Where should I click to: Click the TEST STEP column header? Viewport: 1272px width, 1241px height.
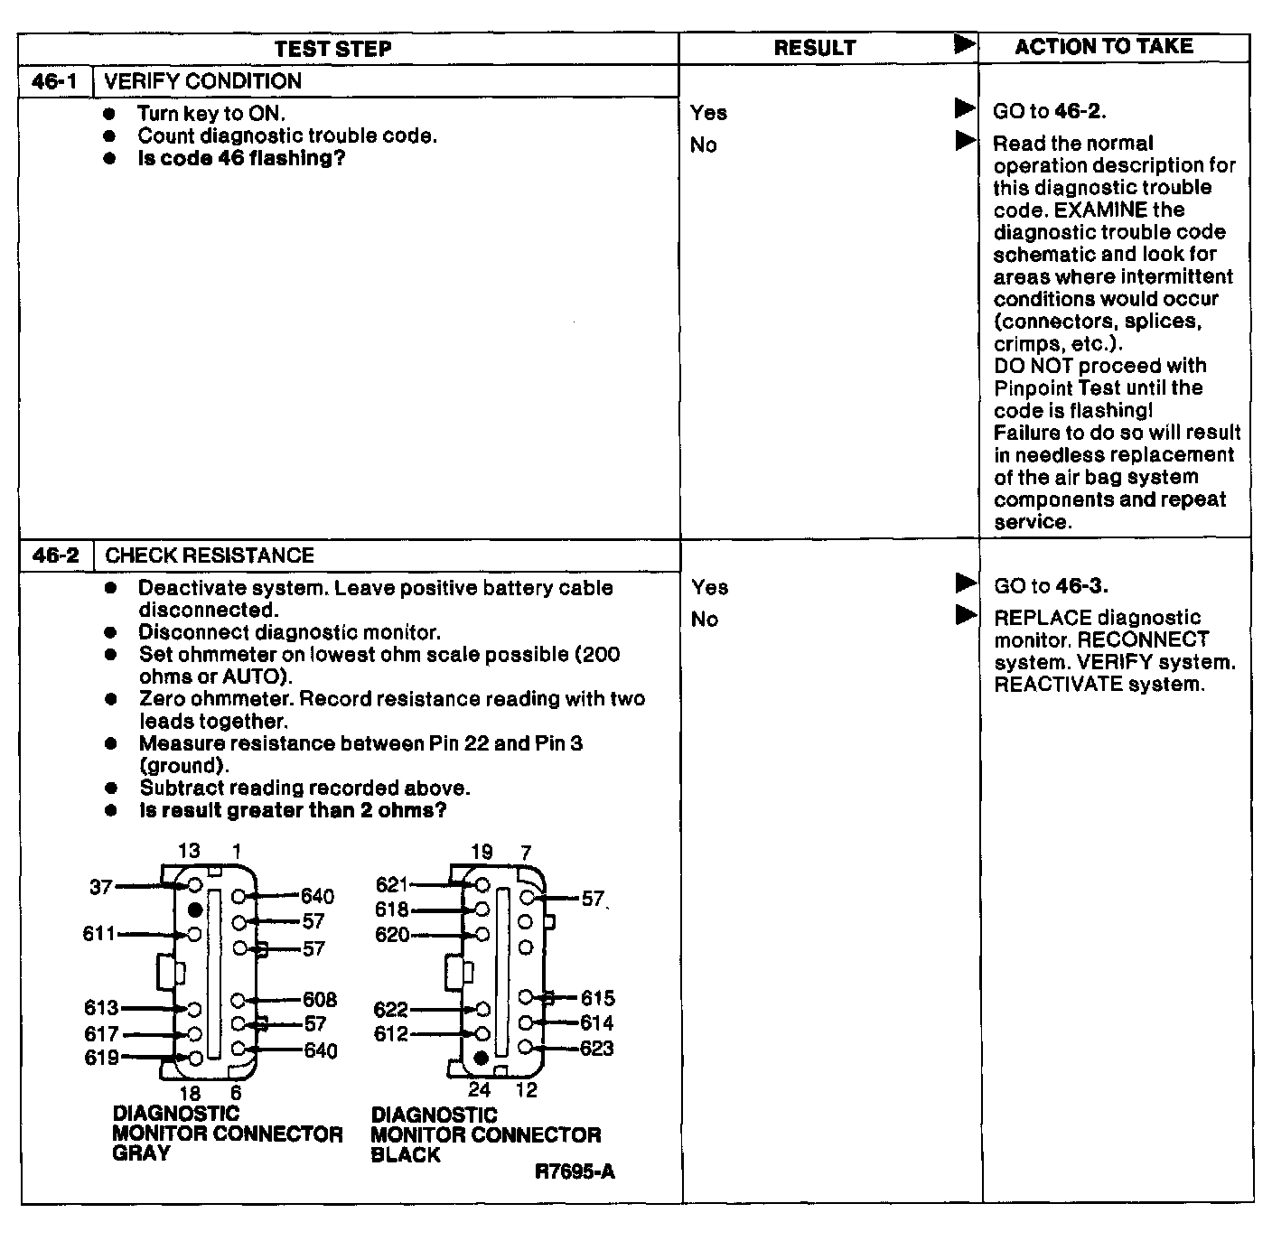pyautogui.click(x=332, y=49)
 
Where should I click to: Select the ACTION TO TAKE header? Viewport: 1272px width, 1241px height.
pyautogui.click(x=1103, y=47)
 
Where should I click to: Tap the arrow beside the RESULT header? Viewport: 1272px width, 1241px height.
pyautogui.click(x=965, y=44)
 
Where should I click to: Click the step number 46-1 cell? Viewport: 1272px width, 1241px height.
pyautogui.click(x=55, y=81)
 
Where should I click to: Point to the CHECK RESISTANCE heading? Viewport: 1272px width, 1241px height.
pyautogui.click(x=210, y=555)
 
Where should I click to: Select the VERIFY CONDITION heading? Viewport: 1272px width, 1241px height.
pyautogui.click(x=202, y=81)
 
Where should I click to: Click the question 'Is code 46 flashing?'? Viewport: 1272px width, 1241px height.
pyautogui.click(x=241, y=158)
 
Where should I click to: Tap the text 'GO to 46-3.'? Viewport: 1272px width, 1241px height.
pyautogui.click(x=1051, y=586)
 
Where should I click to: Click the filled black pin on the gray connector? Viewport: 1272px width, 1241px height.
pyautogui.click(x=194, y=910)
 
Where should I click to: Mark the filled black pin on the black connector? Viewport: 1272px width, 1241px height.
pyautogui.click(x=482, y=1057)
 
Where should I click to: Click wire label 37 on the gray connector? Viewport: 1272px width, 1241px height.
pyautogui.click(x=100, y=887)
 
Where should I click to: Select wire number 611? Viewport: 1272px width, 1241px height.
pyautogui.click(x=98, y=934)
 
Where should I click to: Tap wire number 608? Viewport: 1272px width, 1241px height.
pyautogui.click(x=320, y=1000)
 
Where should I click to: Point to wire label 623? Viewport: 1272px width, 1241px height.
pyautogui.click(x=596, y=1049)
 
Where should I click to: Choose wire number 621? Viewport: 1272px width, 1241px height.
pyautogui.click(x=392, y=885)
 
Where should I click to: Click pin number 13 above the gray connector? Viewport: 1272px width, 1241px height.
pyautogui.click(x=188, y=851)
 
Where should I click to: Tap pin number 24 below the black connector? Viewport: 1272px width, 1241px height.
pyautogui.click(x=479, y=1090)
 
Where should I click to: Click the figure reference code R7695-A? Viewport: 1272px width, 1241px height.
pyautogui.click(x=575, y=1171)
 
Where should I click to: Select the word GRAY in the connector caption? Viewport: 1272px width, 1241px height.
pyautogui.click(x=141, y=1153)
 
